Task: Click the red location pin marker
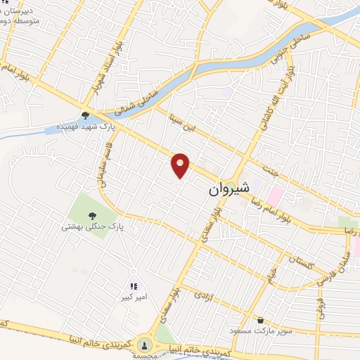(181, 165)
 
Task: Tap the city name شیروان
(228, 191)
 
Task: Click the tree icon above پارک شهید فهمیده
(85, 116)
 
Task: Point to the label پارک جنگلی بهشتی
(93, 227)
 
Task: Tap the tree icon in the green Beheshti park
(92, 215)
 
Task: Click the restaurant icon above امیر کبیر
(134, 286)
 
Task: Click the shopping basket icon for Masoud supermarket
(261, 319)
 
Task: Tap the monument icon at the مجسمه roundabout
(145, 345)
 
